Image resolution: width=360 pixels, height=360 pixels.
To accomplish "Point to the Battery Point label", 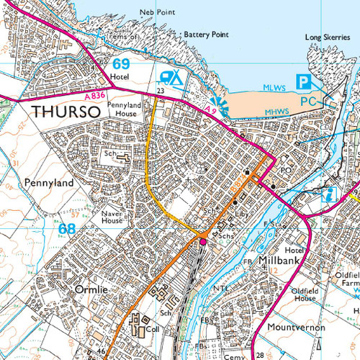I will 205,34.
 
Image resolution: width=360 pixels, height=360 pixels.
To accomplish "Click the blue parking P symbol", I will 305,82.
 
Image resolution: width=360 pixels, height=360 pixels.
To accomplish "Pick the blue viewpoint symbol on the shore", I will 218,106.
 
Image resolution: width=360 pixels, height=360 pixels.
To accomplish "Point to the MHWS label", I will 278,111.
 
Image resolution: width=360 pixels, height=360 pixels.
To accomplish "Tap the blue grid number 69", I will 120,63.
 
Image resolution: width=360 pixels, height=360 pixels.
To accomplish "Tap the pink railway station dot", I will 203,242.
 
